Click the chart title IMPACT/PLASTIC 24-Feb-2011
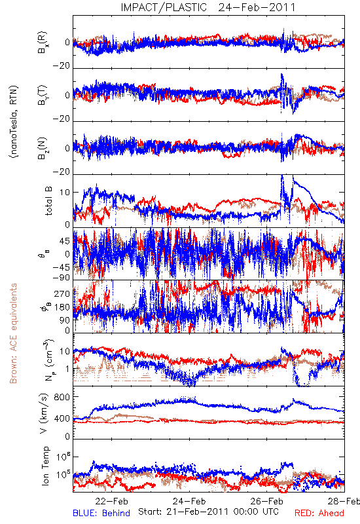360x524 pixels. pyautogui.click(x=208, y=7)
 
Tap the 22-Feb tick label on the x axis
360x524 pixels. pyautogui.click(x=111, y=501)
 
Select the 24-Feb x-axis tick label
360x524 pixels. pyautogui.click(x=189, y=501)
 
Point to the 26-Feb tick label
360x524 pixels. pyautogui.click(x=266, y=501)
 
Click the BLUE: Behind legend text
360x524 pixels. pyautogui.click(x=101, y=513)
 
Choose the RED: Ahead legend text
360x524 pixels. pyautogui.click(x=319, y=513)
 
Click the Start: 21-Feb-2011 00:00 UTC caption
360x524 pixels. pyautogui.click(x=208, y=512)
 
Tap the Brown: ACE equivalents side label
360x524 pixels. pyautogui.click(x=13, y=333)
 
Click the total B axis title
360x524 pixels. pyautogui.click(x=48, y=201)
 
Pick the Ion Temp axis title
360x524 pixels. pyautogui.click(x=45, y=466)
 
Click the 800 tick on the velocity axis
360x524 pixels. pyautogui.click(x=62, y=397)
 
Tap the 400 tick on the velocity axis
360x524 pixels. pyautogui.click(x=62, y=419)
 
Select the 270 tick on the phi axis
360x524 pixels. pyautogui.click(x=62, y=293)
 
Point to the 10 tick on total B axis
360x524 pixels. pyautogui.click(x=65, y=193)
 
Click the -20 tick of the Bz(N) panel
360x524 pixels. pyautogui.click(x=62, y=172)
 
